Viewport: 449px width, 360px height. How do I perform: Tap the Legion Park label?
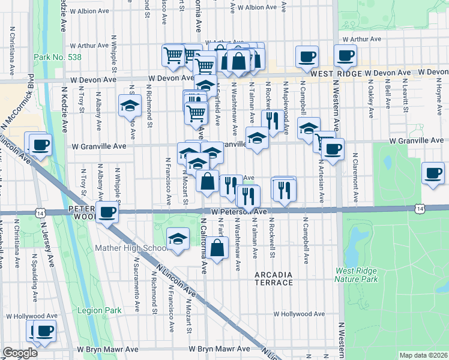(100, 311)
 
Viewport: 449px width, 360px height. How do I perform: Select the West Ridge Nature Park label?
(365, 275)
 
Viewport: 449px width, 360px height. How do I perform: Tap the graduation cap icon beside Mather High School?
(178, 239)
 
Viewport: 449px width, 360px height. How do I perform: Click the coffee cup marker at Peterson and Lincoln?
(107, 212)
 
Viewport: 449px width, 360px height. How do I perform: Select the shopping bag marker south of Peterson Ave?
(218, 247)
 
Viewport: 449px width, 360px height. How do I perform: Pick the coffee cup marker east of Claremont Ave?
(433, 173)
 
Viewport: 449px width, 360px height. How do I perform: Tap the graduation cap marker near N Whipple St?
(130, 106)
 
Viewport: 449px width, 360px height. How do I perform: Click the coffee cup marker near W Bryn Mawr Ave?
(44, 331)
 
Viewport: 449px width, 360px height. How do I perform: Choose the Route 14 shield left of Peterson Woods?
(40, 212)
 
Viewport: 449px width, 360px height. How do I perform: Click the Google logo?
(20, 353)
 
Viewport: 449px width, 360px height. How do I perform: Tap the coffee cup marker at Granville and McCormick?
(40, 145)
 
